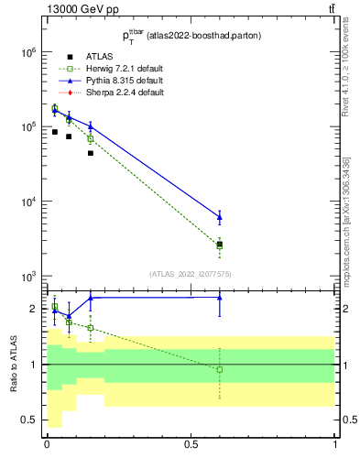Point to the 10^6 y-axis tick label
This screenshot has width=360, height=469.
[26, 52]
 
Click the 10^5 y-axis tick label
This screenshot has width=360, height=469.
[26, 126]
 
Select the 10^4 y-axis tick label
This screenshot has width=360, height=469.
[26, 202]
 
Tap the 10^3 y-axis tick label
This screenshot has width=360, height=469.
[26, 276]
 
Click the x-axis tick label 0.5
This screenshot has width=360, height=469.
[191, 444]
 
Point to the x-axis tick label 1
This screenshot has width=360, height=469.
[335, 444]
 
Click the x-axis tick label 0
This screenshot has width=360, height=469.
[47, 444]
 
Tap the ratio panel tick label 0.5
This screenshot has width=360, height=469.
[29, 420]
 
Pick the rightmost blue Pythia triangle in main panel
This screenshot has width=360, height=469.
[219, 217]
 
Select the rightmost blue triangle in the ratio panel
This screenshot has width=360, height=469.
[219, 297]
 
